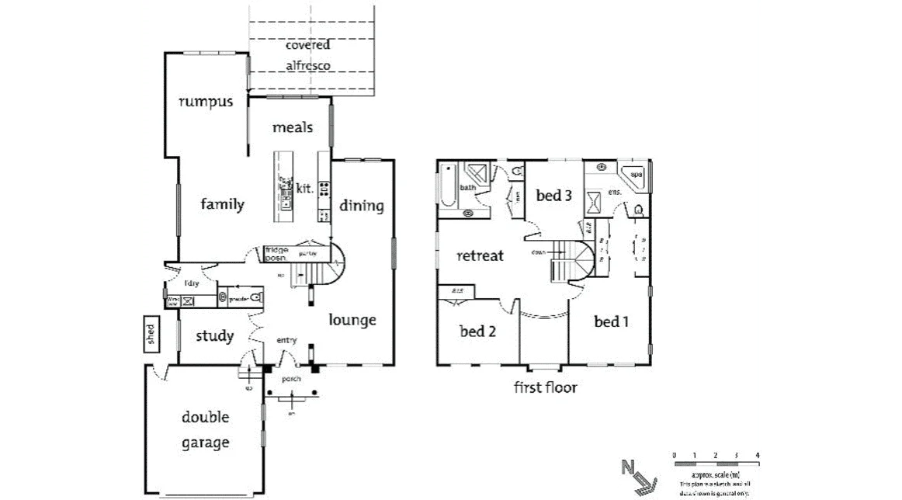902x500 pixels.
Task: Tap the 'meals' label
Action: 292,127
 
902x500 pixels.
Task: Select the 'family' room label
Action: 222,205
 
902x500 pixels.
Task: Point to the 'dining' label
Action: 361,206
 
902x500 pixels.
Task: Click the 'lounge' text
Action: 352,320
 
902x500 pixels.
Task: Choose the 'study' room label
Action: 214,336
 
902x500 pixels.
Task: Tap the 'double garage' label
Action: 206,430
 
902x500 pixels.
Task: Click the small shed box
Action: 151,335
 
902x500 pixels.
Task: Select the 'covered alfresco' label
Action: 307,56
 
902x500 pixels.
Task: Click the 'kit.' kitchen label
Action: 304,188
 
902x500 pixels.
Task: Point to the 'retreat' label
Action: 480,255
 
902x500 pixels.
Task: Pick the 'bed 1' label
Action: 611,321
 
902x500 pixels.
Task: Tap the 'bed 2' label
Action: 477,332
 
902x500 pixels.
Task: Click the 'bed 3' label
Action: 553,196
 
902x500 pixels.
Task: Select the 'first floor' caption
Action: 546,387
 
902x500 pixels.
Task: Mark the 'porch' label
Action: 292,380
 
